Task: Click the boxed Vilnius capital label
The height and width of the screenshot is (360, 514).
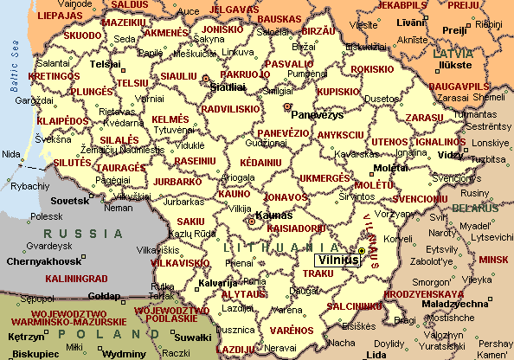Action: (x=336, y=259)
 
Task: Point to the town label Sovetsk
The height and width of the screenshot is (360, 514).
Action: (x=70, y=200)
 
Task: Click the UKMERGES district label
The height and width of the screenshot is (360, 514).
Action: (x=325, y=177)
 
